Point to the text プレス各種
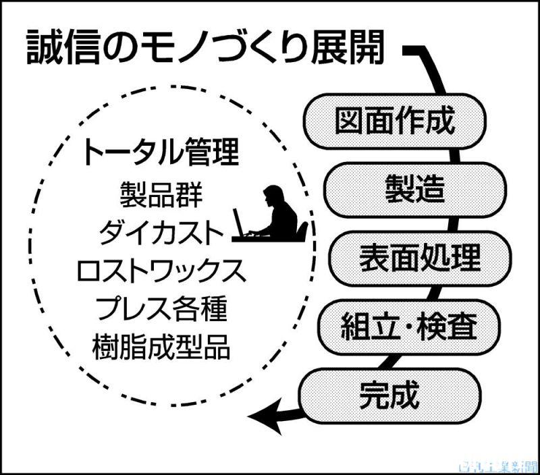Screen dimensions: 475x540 tap(160, 310)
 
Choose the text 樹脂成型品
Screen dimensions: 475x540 tap(160, 349)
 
